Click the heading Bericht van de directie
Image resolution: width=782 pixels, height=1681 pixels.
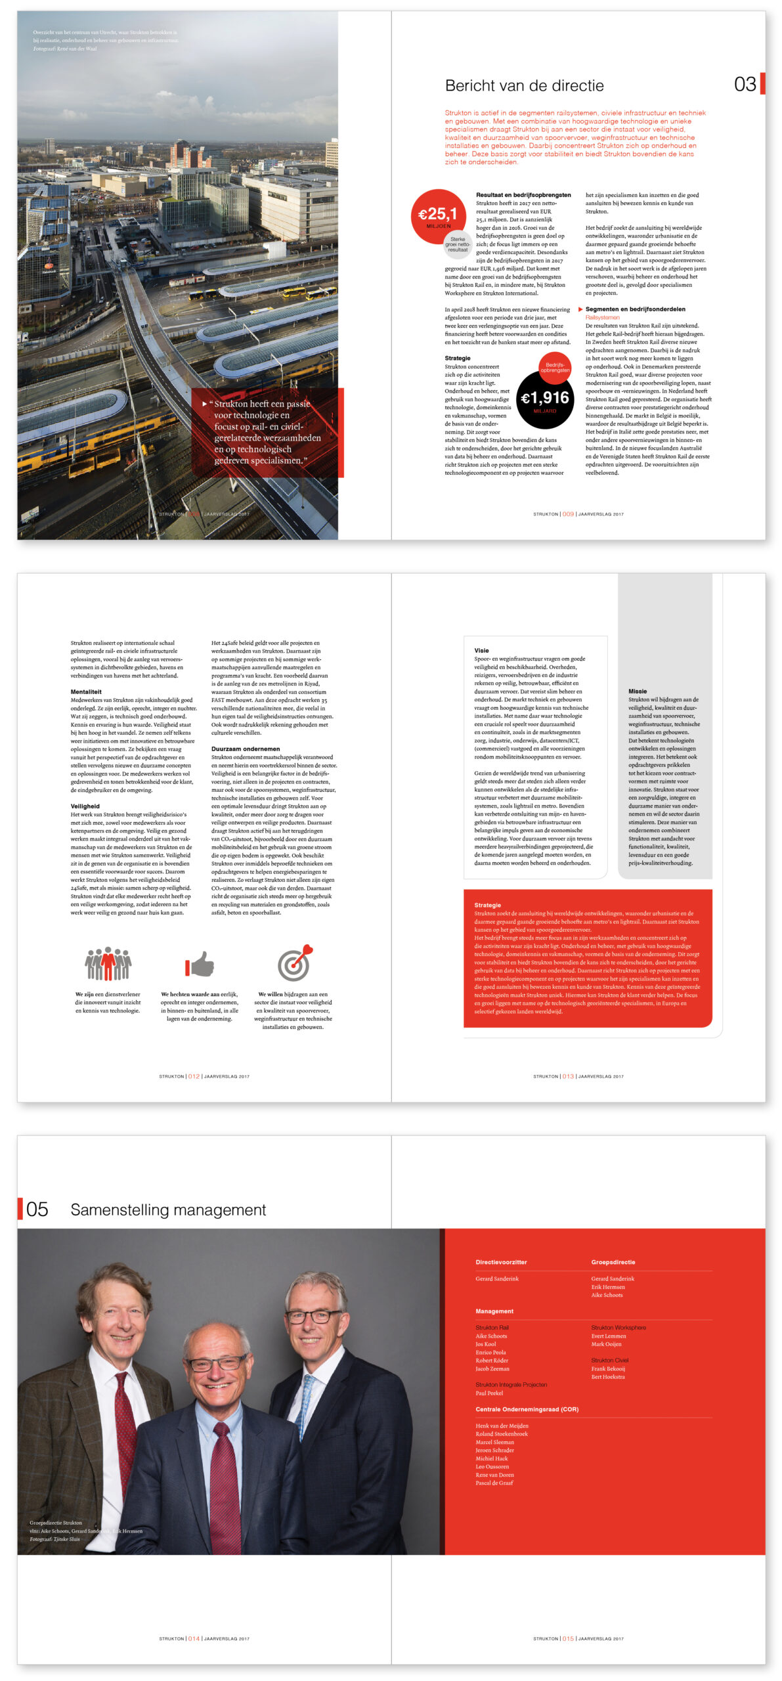point(524,85)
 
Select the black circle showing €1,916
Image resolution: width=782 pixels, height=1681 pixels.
point(545,399)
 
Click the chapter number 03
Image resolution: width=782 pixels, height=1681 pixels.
point(745,84)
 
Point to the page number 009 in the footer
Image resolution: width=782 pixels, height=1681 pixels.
point(568,514)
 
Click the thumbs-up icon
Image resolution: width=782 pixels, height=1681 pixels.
point(200,964)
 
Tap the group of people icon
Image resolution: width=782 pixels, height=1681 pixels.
point(108,963)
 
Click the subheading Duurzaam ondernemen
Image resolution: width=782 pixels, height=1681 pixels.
point(246,749)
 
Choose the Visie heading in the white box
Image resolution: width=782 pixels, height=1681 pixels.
point(481,650)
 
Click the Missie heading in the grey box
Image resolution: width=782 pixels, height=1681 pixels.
point(637,691)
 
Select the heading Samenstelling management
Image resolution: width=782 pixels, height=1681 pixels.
point(168,1210)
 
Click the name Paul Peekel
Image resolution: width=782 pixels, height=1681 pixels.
point(489,1393)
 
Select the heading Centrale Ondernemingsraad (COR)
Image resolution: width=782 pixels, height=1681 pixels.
point(527,1409)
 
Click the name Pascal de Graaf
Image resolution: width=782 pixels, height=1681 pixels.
point(494,1483)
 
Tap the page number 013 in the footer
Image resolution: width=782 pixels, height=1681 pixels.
point(568,1076)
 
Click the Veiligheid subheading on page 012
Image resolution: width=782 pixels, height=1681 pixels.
point(85,806)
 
